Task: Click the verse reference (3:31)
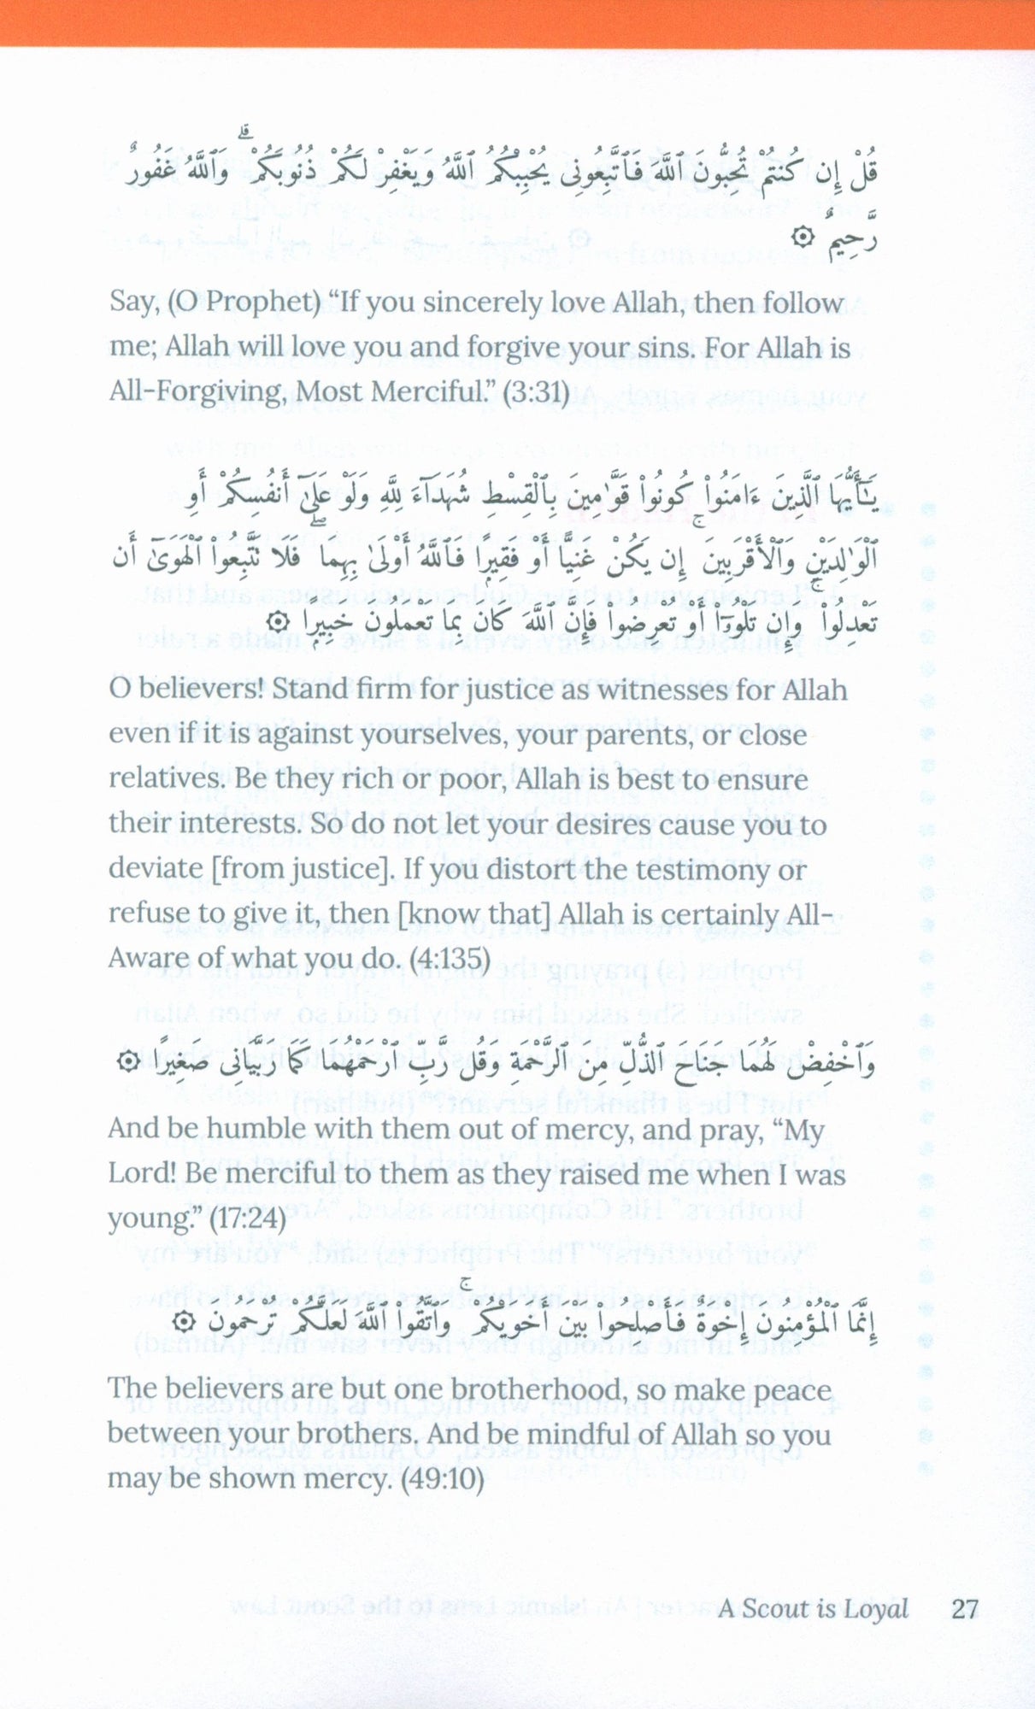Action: pyautogui.click(x=536, y=392)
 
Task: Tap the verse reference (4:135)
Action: pyautogui.click(x=450, y=958)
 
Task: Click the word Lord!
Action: pyautogui.click(x=141, y=1173)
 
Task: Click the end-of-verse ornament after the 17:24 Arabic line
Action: pyautogui.click(x=126, y=1062)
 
